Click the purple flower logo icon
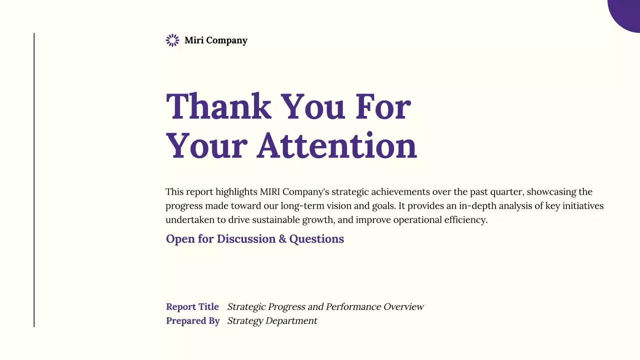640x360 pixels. click(x=172, y=40)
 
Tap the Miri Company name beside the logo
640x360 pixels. click(x=215, y=40)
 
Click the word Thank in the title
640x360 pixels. click(x=218, y=106)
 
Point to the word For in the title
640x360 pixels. click(x=383, y=106)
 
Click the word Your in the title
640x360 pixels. click(x=206, y=145)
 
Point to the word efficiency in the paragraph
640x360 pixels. click(x=465, y=220)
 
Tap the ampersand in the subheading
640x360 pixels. click(x=282, y=239)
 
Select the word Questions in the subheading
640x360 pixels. click(x=316, y=239)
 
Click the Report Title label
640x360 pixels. click(x=192, y=307)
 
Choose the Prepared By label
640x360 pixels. click(x=193, y=321)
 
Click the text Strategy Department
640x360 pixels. click(x=272, y=321)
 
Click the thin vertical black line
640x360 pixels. click(x=34, y=180)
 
